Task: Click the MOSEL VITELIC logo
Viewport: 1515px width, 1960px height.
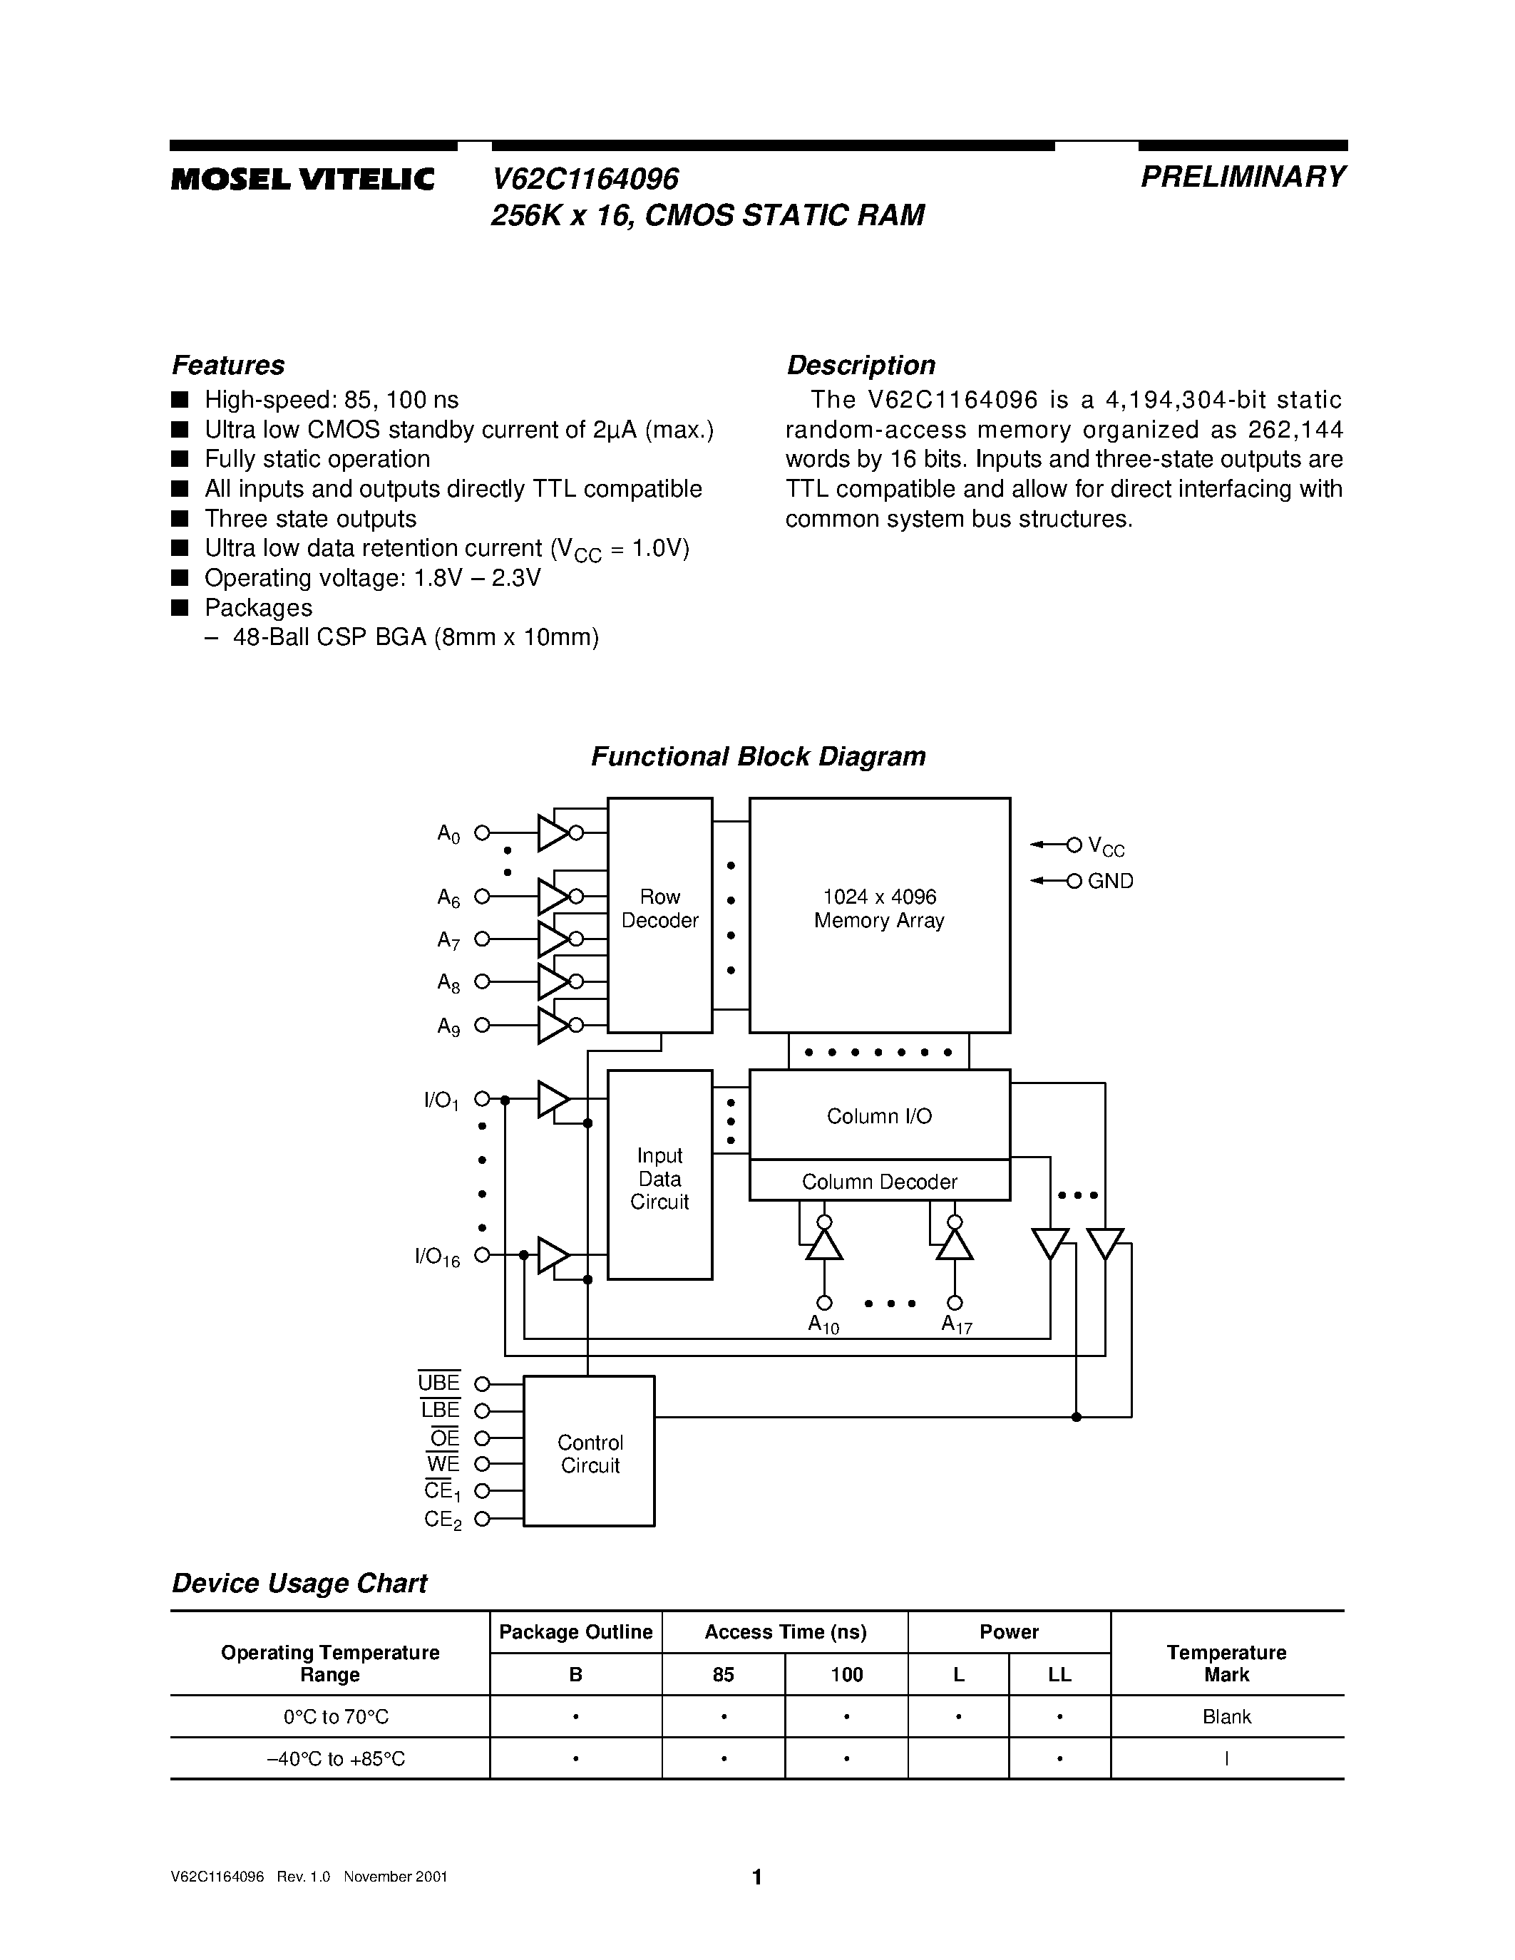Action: coord(302,180)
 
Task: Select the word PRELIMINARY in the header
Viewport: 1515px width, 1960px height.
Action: coord(1242,177)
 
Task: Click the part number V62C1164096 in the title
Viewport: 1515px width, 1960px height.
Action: coord(585,179)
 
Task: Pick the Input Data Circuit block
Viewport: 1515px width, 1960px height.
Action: coord(659,1177)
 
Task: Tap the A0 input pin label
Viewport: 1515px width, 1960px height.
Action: coord(448,834)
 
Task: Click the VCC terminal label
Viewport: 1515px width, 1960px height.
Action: coord(1106,845)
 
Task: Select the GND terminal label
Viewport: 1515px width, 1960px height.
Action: coord(1110,881)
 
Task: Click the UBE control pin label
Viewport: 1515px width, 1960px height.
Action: coord(439,1383)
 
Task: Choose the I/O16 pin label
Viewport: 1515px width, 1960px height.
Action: coord(437,1257)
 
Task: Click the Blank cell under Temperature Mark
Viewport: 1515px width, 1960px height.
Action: coord(1226,1716)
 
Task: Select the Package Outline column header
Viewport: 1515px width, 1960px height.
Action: coord(575,1631)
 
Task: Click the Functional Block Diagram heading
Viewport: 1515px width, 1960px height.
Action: coord(757,756)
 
